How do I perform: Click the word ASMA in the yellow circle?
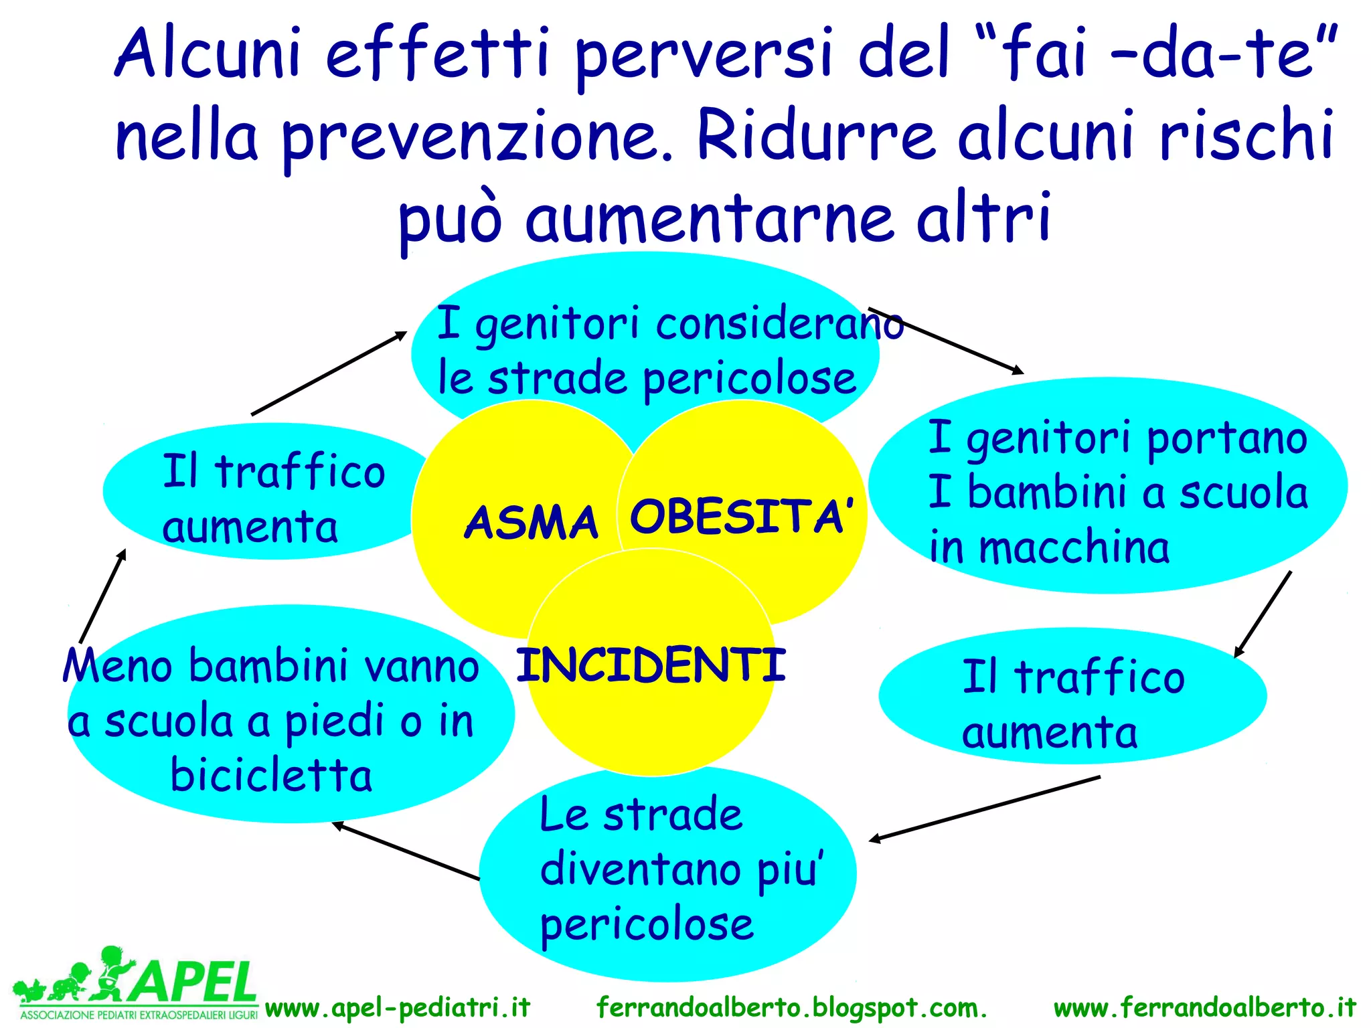[531, 523]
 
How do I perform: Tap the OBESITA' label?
[742, 517]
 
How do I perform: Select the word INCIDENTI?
[651, 665]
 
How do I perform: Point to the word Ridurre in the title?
[815, 137]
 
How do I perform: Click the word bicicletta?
[271, 776]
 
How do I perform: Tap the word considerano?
[780, 325]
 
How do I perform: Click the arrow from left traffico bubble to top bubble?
[329, 373]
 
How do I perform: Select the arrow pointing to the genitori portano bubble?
[945, 341]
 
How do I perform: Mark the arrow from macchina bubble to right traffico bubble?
[1263, 613]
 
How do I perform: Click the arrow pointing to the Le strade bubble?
[984, 808]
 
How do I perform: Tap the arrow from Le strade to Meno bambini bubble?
[406, 851]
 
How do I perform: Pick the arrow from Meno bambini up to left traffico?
[102, 596]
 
